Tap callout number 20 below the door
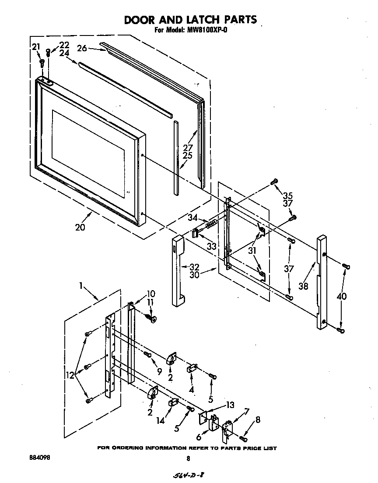[x=80, y=227]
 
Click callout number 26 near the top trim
[x=82, y=48]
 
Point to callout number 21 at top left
[x=36, y=47]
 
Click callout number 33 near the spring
[x=212, y=247]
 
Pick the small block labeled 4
[x=192, y=369]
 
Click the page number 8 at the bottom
[x=188, y=458]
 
